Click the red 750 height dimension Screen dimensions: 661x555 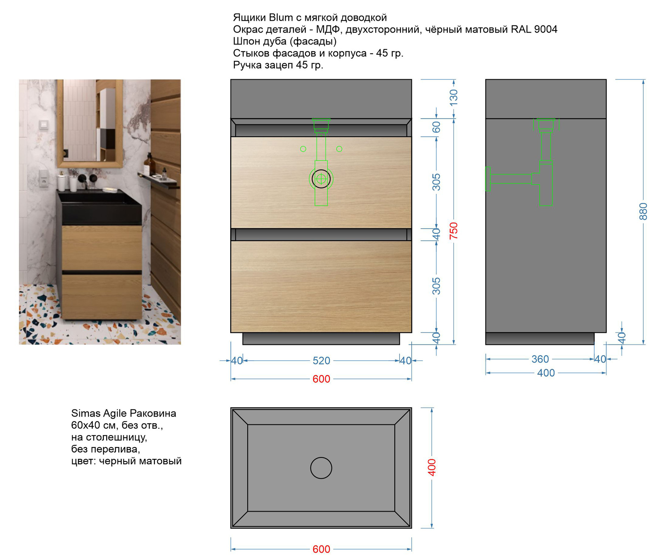454,231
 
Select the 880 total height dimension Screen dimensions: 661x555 643,211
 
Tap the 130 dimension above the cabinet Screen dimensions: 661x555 454,98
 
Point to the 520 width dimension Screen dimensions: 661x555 321,361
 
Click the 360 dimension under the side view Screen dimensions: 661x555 540,359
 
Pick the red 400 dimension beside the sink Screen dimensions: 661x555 432,468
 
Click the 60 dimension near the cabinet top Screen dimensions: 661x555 436,127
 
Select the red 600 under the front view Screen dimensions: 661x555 321,379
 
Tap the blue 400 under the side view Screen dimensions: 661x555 546,373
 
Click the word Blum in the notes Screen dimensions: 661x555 281,17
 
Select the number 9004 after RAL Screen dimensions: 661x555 546,29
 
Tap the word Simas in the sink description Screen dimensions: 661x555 86,413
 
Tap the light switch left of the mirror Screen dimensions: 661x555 44,125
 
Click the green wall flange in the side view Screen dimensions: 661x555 488,179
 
